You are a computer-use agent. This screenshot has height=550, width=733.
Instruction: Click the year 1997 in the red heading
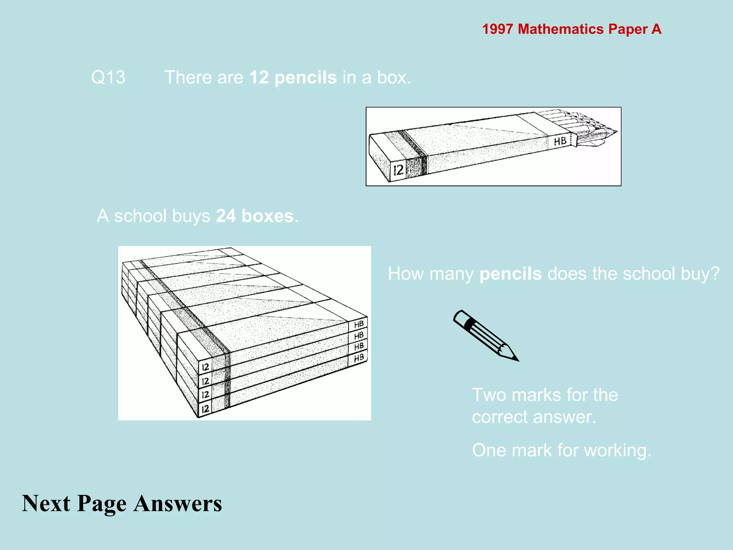pos(497,29)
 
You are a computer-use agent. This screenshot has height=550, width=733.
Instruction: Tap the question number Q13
pos(108,77)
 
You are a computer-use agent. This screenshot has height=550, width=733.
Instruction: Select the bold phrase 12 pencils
pos(293,77)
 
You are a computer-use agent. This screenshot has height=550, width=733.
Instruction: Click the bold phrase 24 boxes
pos(255,216)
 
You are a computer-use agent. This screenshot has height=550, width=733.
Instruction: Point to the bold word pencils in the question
pos(510,274)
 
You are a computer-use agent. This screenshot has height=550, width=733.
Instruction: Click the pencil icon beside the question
pos(486,336)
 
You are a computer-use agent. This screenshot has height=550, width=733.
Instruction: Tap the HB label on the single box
pos(560,141)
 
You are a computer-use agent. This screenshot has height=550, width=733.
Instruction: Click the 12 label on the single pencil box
pos(398,170)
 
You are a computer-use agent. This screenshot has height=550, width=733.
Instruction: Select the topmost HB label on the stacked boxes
pos(359,324)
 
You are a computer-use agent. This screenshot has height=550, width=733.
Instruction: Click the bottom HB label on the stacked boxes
pos(359,358)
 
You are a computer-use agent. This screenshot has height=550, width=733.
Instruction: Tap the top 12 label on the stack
pos(205,367)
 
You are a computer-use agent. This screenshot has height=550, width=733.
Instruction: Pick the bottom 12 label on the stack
pos(205,409)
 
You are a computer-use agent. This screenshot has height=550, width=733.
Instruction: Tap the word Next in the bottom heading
pos(46,503)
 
